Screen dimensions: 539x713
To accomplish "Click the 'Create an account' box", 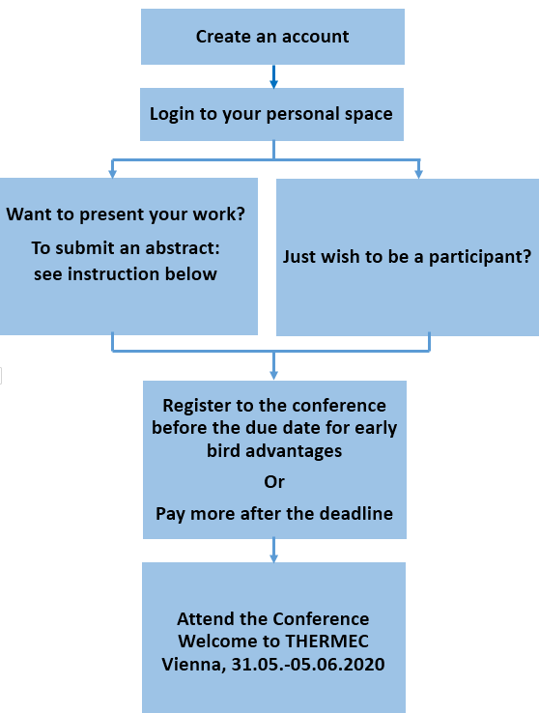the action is (x=272, y=37).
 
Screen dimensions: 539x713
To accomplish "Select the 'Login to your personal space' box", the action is (x=271, y=114).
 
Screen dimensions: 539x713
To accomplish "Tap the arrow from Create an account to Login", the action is (x=273, y=76).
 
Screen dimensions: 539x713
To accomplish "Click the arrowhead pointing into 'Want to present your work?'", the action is (x=113, y=173).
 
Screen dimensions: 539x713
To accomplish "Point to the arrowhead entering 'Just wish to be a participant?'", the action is (x=419, y=173).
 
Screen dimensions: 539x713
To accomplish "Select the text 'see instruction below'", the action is (x=126, y=274).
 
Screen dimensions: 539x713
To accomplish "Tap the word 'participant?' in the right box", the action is (x=480, y=257).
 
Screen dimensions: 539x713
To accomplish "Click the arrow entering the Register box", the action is (x=273, y=365).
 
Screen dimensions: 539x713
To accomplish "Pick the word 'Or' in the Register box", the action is (x=274, y=481).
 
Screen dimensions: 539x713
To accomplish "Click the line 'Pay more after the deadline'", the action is (x=274, y=514).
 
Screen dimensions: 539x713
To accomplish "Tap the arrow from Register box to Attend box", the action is (x=273, y=551).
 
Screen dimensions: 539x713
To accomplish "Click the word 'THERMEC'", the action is (x=327, y=642).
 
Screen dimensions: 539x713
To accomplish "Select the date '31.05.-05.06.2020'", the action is (x=308, y=665).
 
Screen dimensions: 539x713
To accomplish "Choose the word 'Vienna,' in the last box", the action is (x=194, y=665).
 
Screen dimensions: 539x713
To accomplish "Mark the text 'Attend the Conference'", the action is (x=273, y=619).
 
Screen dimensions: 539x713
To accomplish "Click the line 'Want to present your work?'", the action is (x=126, y=214).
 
